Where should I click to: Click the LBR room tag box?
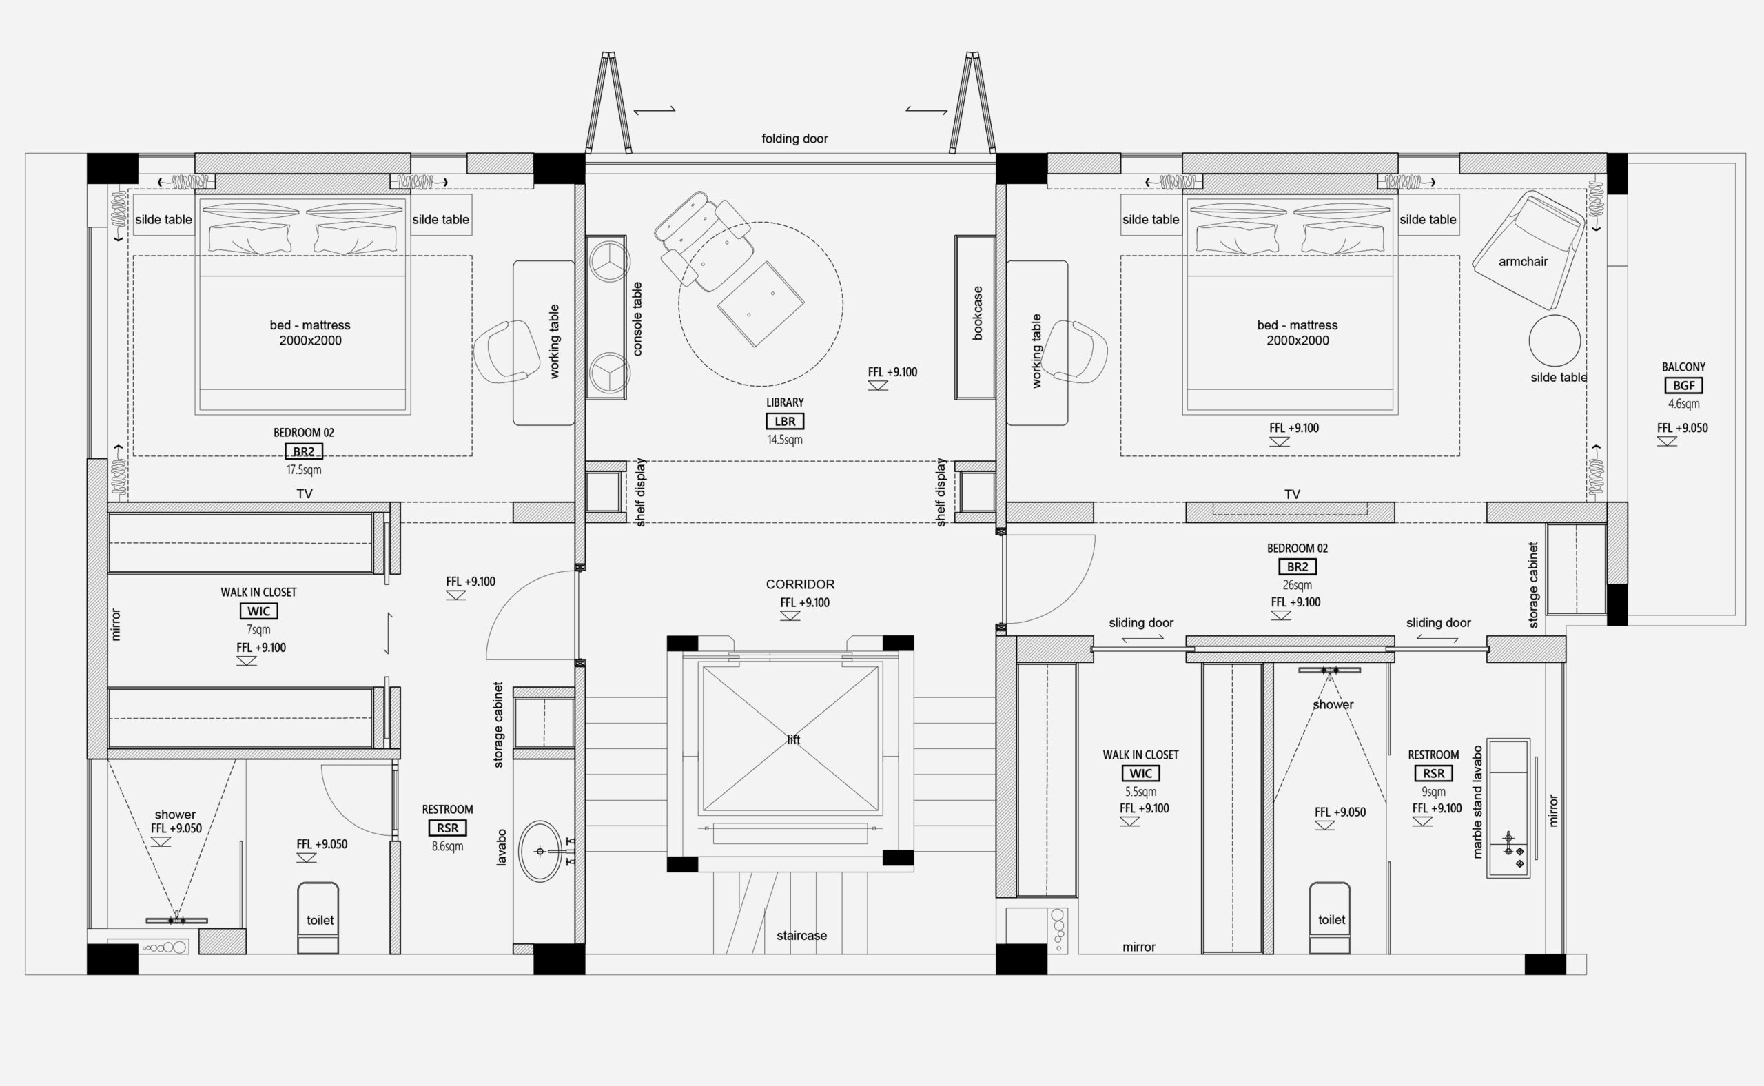tap(784, 422)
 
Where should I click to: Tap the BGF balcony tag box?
tap(1683, 386)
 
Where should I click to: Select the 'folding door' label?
tap(794, 139)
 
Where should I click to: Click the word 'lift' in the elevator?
tap(793, 740)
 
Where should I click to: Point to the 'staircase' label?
tap(801, 935)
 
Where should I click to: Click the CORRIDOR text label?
tap(800, 584)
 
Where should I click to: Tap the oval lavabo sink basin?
tap(541, 851)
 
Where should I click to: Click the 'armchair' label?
tap(1523, 261)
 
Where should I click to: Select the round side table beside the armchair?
tap(1555, 340)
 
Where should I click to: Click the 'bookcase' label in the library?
tap(977, 313)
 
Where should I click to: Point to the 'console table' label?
tap(637, 319)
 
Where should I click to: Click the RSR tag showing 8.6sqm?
tap(447, 828)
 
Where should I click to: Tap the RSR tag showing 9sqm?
tap(1434, 774)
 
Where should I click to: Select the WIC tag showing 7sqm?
tap(258, 611)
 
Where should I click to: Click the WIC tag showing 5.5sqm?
tap(1140, 774)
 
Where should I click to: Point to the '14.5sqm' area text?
tap(784, 440)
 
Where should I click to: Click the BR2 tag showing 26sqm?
tap(1297, 566)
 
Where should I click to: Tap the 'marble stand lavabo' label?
tap(1477, 801)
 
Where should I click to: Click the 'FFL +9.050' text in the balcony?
tap(1682, 428)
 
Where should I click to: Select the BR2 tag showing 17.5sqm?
tap(304, 451)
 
